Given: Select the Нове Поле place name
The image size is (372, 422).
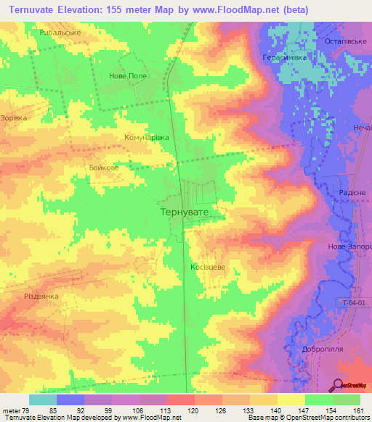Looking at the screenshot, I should (x=127, y=75).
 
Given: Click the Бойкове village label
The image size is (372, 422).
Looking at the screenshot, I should (x=104, y=167).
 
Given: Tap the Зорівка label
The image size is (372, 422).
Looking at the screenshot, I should (x=14, y=117).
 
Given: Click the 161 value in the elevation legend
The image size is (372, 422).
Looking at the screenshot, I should (x=357, y=410).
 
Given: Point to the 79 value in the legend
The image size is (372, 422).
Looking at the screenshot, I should (x=25, y=410).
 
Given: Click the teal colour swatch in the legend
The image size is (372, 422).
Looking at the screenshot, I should (x=42, y=400).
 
